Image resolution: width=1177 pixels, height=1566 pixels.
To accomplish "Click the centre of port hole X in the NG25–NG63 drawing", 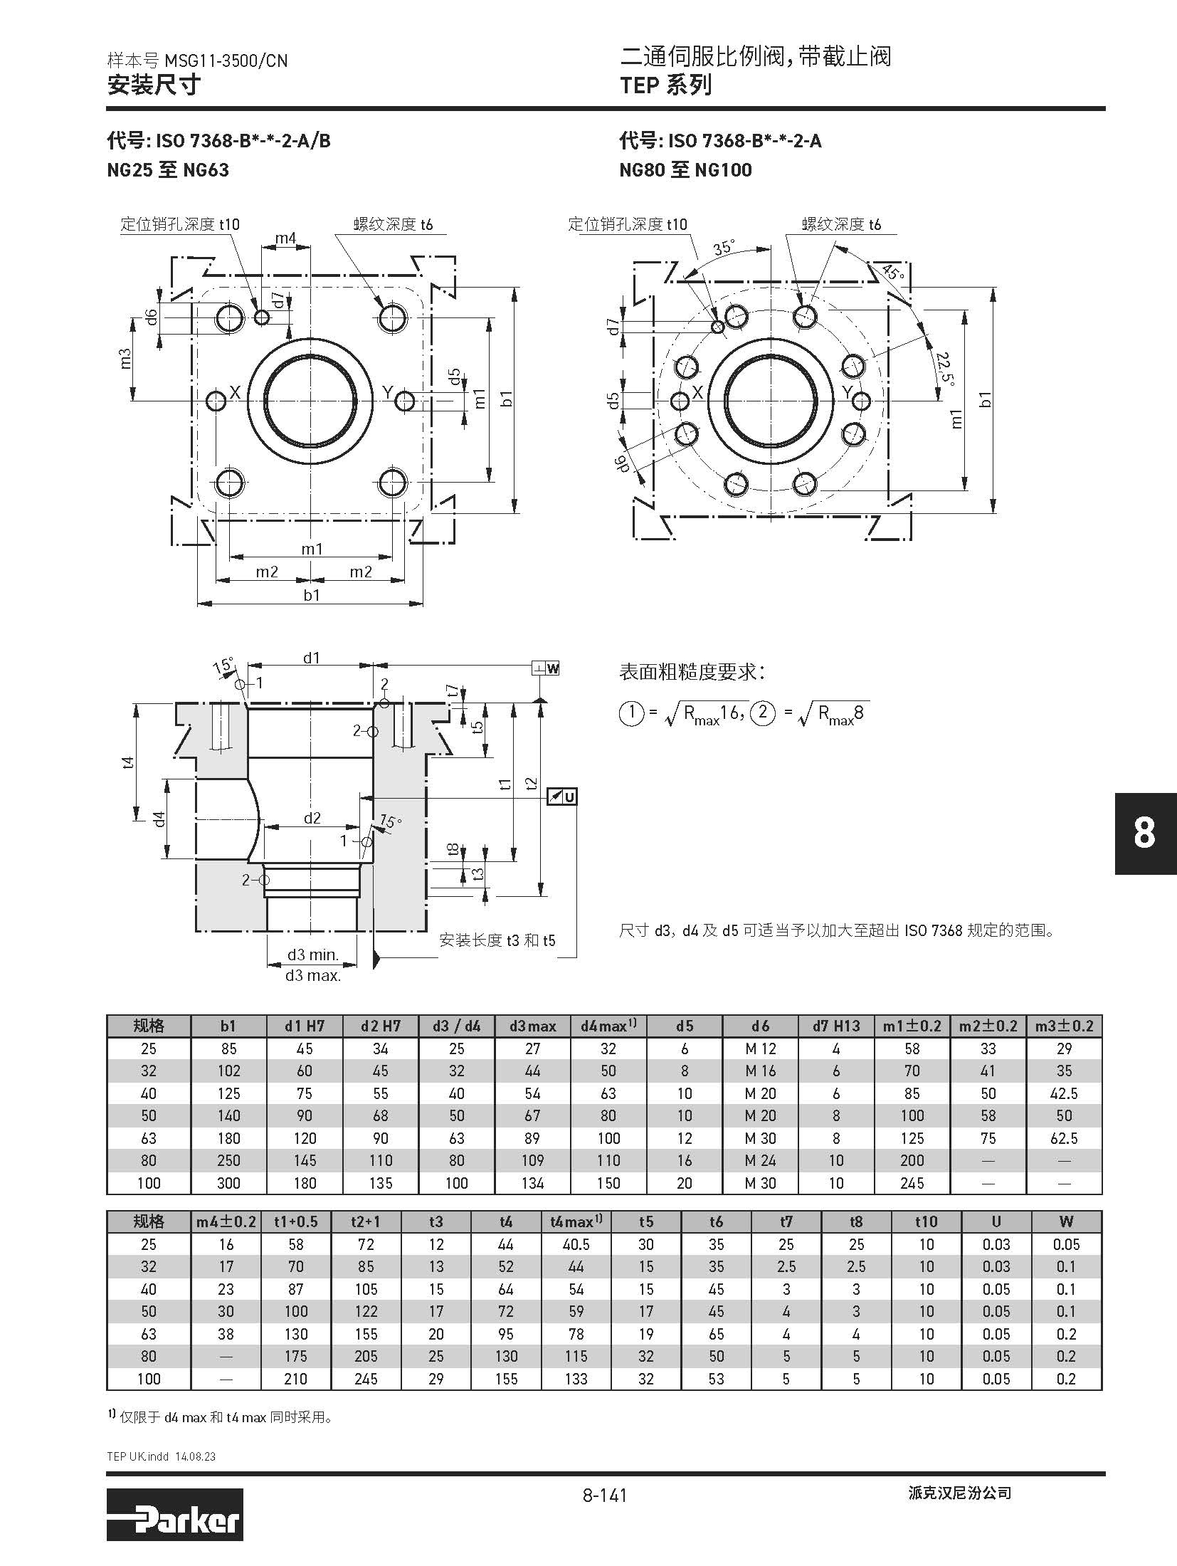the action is [x=216, y=401].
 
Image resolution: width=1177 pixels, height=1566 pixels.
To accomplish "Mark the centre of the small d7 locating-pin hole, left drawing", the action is [x=262, y=317].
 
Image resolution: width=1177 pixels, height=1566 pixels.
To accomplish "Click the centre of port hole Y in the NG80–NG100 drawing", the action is [x=861, y=401].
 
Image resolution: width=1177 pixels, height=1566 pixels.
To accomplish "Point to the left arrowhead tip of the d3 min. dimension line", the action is [x=268, y=965].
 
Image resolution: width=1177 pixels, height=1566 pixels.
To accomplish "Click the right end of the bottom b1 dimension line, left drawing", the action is [x=424, y=604].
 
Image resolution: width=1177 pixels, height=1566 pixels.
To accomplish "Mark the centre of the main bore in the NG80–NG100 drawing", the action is [x=770, y=401].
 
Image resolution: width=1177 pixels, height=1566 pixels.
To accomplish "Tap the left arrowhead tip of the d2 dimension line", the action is [x=265, y=827].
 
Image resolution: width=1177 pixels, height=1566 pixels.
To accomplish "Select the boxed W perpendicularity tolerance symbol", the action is [x=546, y=668].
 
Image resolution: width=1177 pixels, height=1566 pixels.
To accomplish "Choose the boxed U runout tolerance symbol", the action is [x=561, y=797].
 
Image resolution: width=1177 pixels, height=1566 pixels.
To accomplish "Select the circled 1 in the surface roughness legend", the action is [x=631, y=713].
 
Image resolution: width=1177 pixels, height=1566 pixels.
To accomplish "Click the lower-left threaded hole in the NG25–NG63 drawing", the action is [x=229, y=484].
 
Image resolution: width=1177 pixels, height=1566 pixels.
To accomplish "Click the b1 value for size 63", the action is [x=228, y=1138].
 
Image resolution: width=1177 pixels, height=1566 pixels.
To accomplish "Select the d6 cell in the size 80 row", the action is [x=760, y=1160].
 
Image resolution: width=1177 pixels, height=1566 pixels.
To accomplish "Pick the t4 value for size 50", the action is [x=505, y=1311].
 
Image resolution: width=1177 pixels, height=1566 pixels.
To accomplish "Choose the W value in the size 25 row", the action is [x=1066, y=1244].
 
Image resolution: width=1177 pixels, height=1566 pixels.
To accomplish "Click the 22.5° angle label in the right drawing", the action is [x=945, y=368].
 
